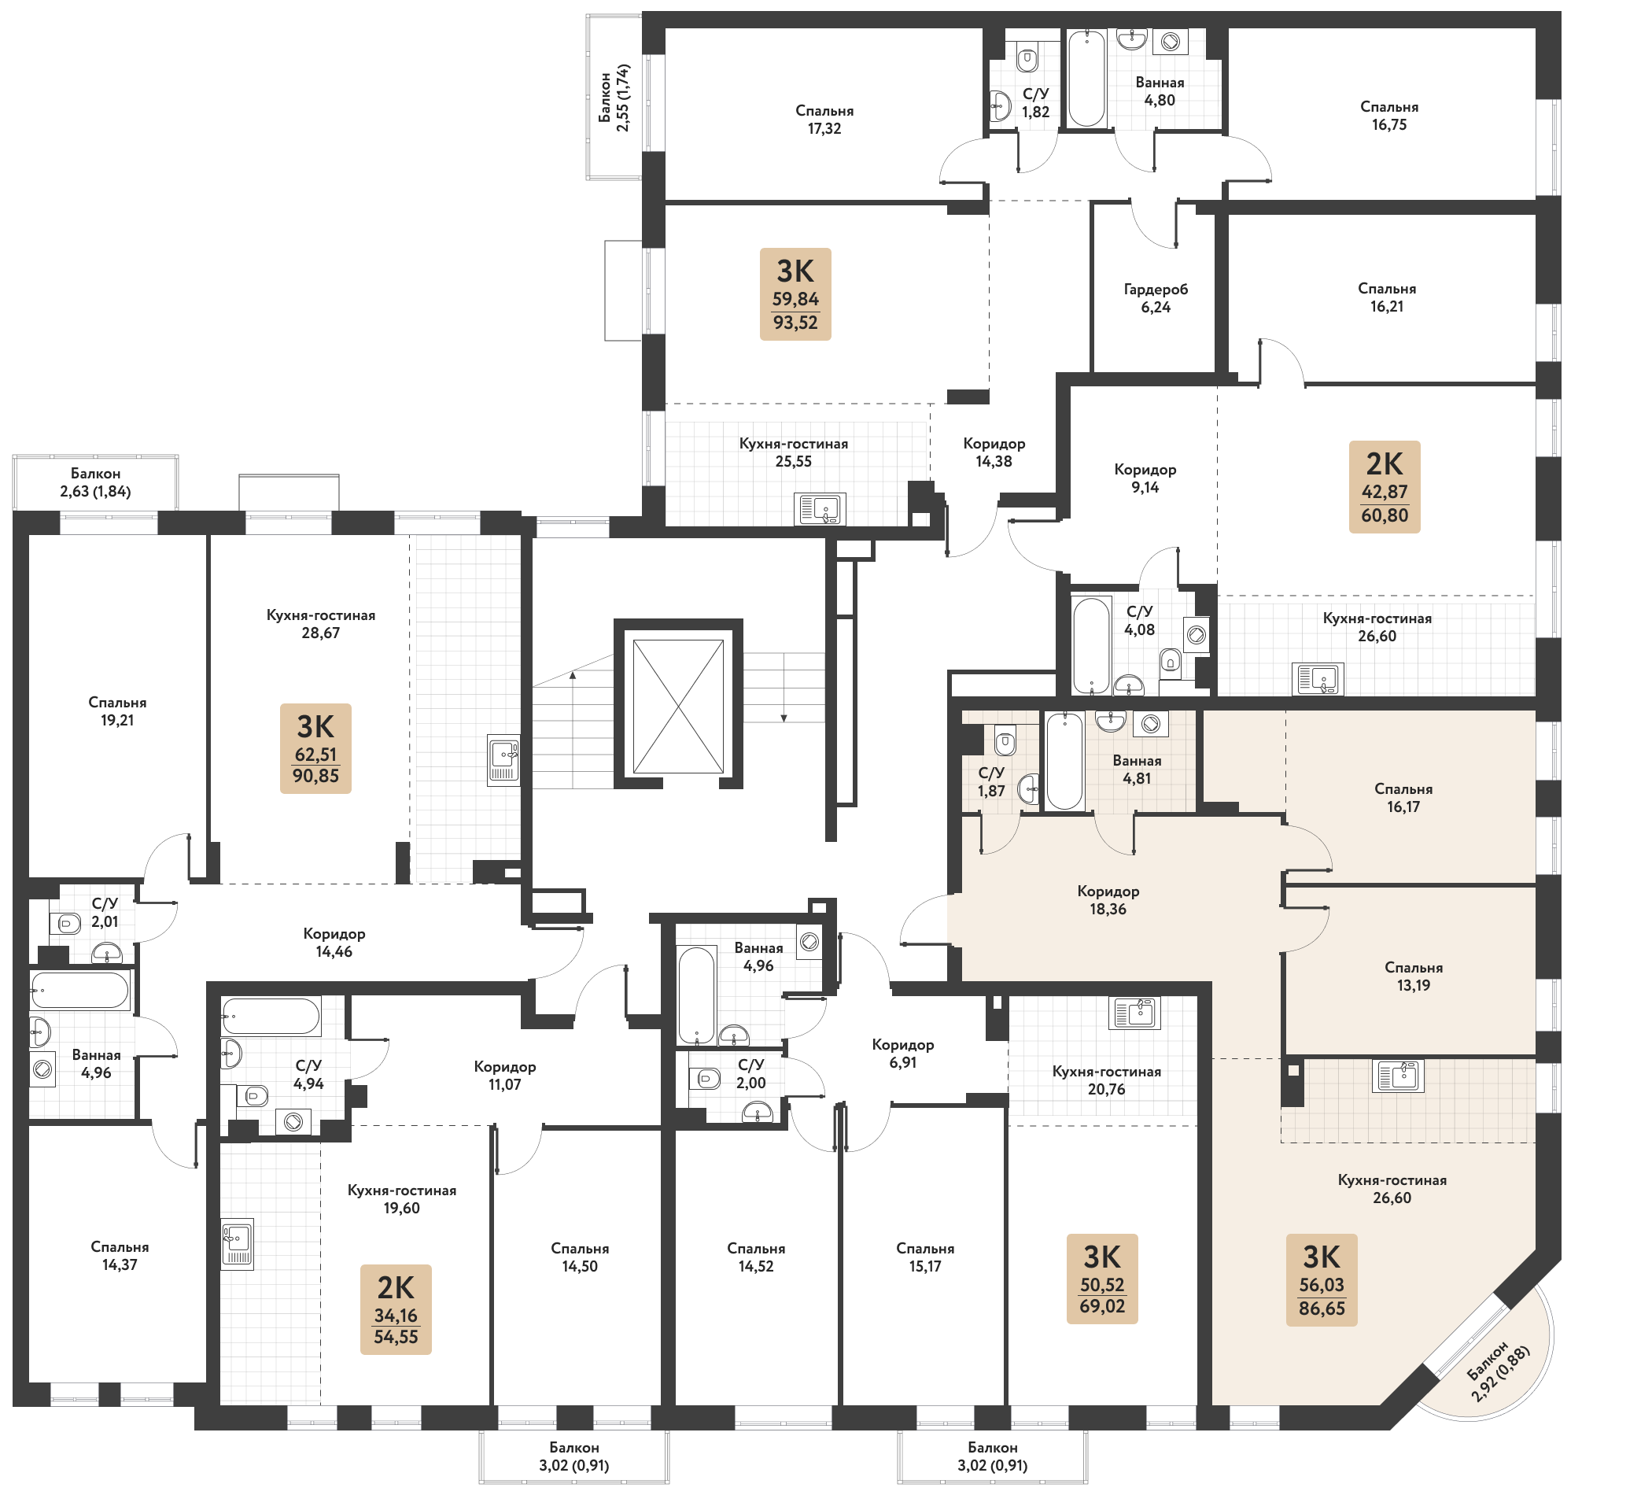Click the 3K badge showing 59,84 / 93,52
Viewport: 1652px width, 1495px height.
click(x=795, y=293)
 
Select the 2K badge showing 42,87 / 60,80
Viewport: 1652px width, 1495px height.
click(x=1384, y=487)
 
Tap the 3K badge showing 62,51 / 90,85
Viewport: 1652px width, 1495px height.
click(x=315, y=748)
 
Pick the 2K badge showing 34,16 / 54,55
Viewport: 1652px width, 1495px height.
click(x=396, y=1309)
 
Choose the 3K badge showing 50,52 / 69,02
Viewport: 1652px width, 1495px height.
click(x=1102, y=1279)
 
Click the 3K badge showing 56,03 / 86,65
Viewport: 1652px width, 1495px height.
click(x=1322, y=1279)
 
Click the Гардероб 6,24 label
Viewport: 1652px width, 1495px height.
click(x=1156, y=298)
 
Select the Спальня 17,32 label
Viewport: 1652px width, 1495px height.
click(x=824, y=120)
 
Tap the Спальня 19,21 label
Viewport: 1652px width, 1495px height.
click(x=117, y=711)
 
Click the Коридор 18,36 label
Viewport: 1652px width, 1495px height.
click(x=1108, y=900)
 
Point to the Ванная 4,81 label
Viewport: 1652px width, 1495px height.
click(x=1137, y=770)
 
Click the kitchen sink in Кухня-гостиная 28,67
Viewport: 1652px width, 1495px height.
click(x=504, y=761)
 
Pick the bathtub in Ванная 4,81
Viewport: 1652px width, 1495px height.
click(x=1064, y=762)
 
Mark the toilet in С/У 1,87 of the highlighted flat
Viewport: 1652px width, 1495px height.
click(x=1005, y=743)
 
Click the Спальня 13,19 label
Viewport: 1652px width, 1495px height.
click(x=1414, y=976)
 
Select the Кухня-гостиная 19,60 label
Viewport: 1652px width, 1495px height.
click(x=401, y=1199)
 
